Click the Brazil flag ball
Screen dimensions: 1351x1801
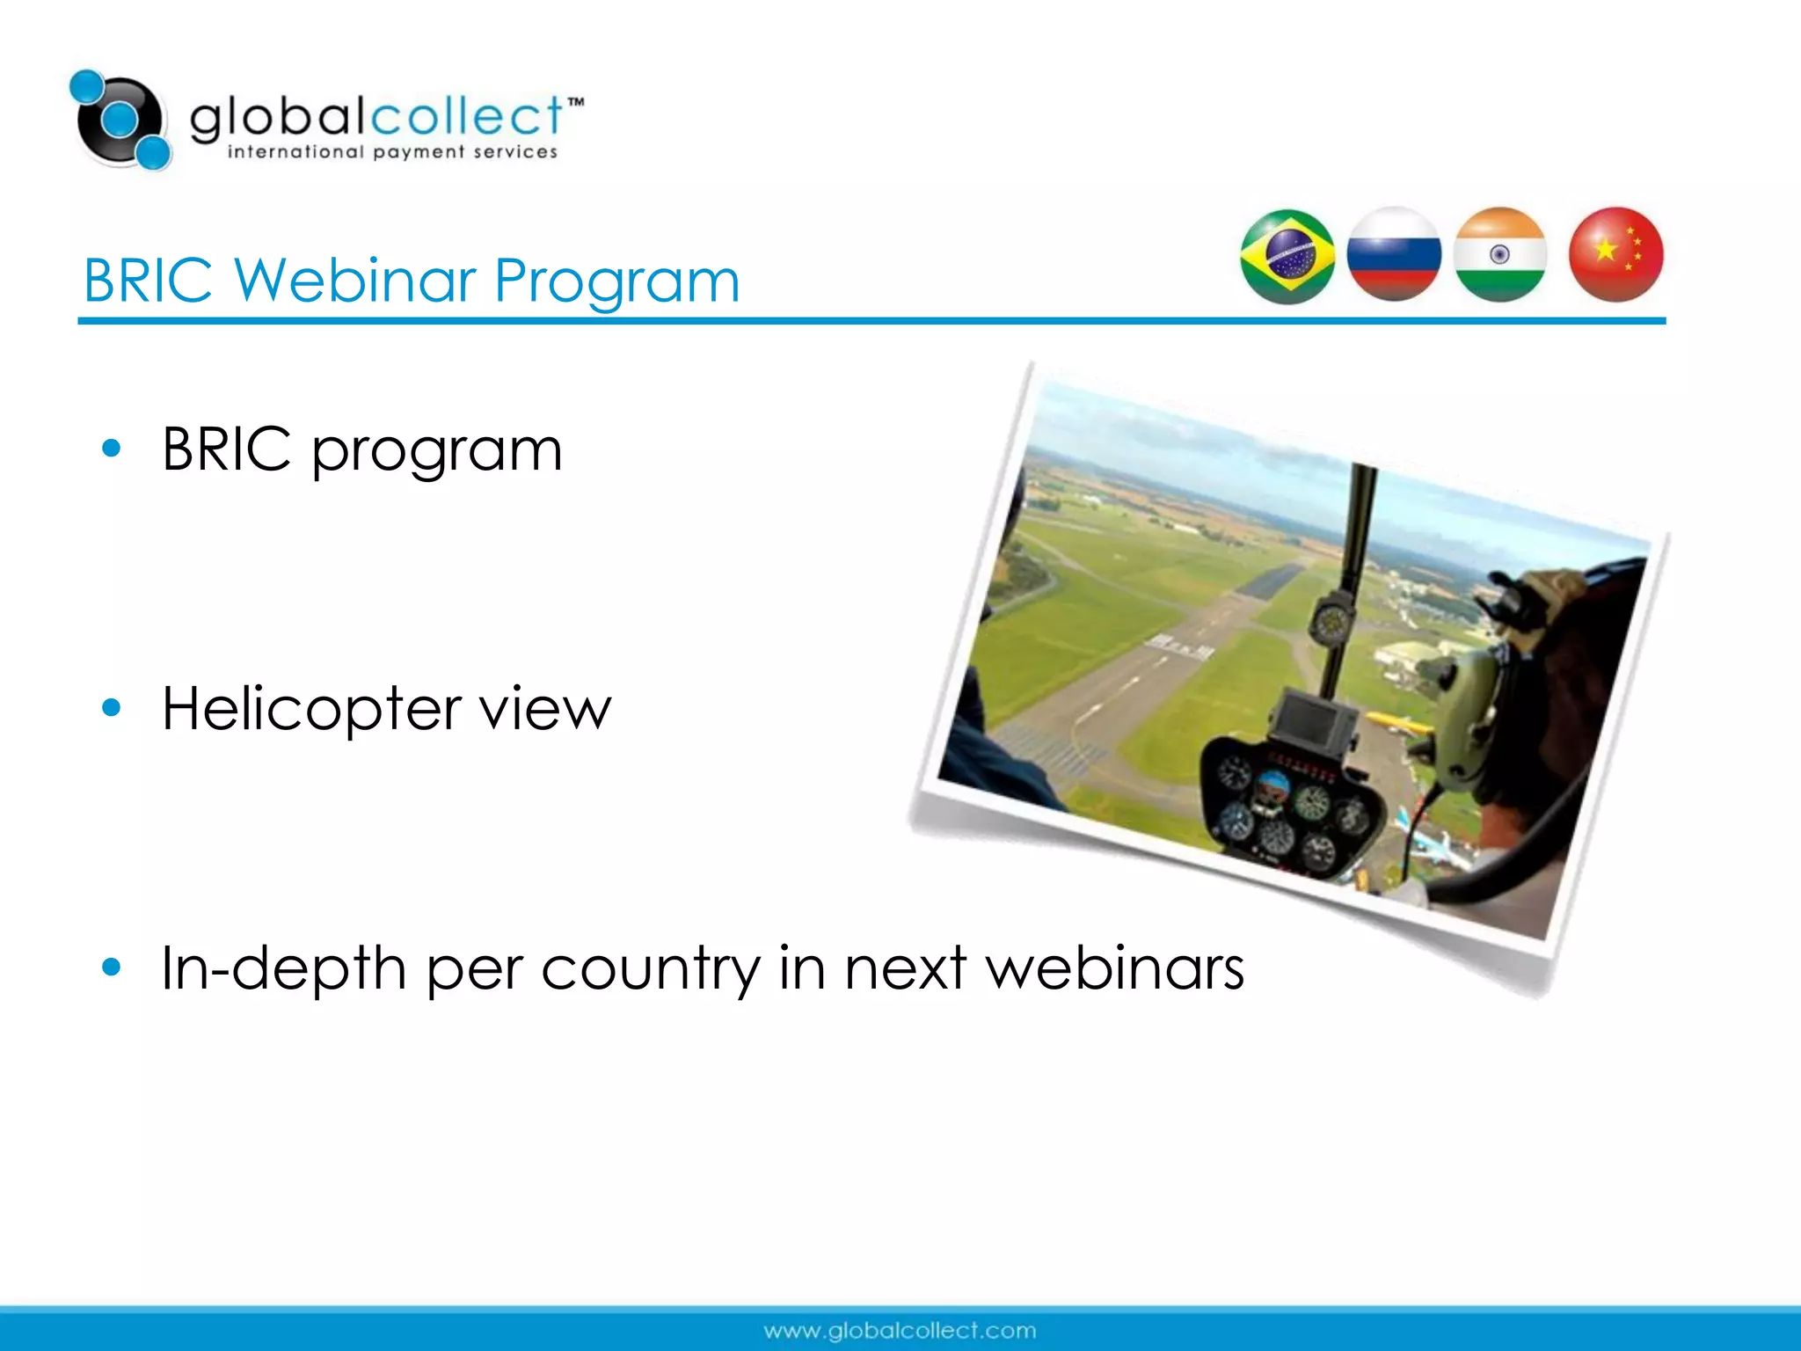pyautogui.click(x=1287, y=257)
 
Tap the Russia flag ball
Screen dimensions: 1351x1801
pyautogui.click(x=1394, y=255)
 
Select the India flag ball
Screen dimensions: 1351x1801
pyautogui.click(x=1500, y=255)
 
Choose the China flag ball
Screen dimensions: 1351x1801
pyautogui.click(x=1615, y=255)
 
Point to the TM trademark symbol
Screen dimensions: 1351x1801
pyautogui.click(x=575, y=103)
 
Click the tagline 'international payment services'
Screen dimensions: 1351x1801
pyautogui.click(x=392, y=152)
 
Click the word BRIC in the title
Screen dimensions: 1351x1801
pyautogui.click(x=148, y=281)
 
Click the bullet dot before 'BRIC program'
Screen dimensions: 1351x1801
pyautogui.click(x=111, y=449)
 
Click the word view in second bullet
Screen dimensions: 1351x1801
pyautogui.click(x=544, y=709)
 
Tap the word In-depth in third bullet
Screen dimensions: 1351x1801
pyautogui.click(x=283, y=968)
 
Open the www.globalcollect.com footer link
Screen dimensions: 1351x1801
pyautogui.click(x=900, y=1331)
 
